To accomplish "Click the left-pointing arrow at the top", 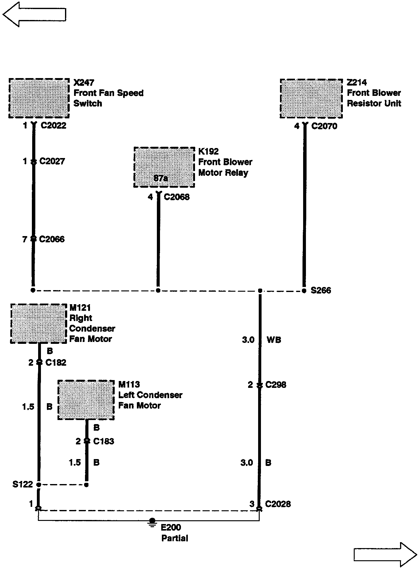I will point(34,14).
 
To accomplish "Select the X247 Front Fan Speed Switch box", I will point(39,98).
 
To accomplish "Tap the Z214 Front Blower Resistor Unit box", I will point(311,98).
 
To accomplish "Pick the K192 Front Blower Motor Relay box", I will point(164,167).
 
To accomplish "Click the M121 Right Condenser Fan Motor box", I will point(39,323).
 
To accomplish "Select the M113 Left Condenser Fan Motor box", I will point(86,400).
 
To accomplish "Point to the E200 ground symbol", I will point(152,522).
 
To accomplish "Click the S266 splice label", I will point(321,290).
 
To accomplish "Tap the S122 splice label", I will point(22,484).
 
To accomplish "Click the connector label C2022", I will point(53,126).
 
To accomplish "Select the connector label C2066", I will point(52,239).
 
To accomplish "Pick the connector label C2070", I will point(324,126).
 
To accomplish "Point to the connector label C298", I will point(276,385).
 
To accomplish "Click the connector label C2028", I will point(278,504).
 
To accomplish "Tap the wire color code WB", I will point(274,340).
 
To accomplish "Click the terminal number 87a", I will point(161,178).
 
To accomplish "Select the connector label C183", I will point(104,441).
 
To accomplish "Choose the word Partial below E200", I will point(175,538).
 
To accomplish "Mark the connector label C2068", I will point(177,197).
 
